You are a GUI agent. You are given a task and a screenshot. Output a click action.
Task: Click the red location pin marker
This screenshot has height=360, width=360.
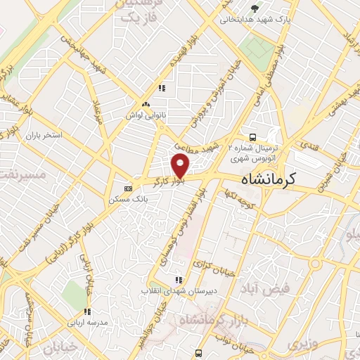[x=181, y=166]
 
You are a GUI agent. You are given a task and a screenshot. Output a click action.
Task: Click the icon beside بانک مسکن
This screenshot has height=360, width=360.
[x=127, y=188]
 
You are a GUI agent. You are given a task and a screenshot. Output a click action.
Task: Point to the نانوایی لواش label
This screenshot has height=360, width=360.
[x=146, y=115]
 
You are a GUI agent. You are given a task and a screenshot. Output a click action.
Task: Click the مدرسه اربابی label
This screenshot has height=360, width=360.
[x=86, y=322]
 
